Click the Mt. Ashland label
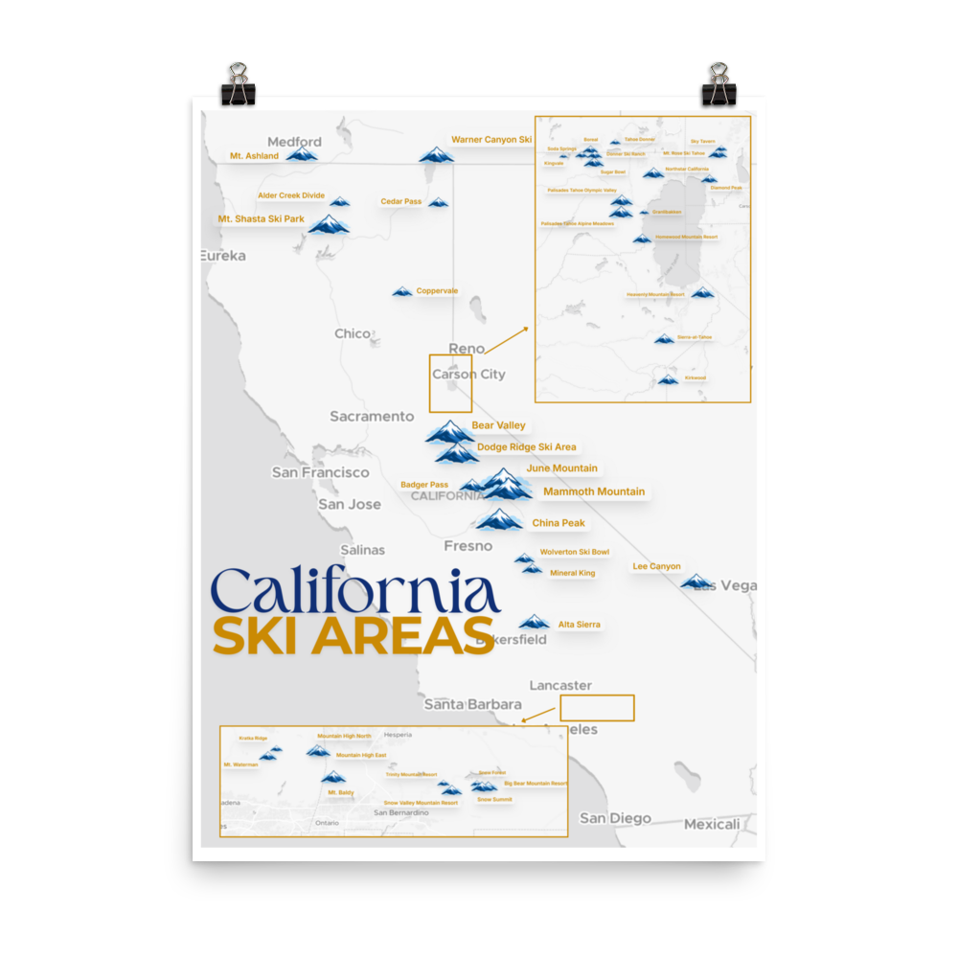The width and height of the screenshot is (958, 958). [x=254, y=155]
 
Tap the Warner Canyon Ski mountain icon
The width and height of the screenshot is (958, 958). [x=437, y=155]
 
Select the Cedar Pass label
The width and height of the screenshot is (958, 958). [x=400, y=201]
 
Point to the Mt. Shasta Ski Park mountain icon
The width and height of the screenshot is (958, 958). [x=330, y=225]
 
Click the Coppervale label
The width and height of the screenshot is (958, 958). [x=437, y=291]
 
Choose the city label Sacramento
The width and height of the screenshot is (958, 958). [x=372, y=416]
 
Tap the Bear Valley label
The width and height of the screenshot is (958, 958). [x=498, y=425]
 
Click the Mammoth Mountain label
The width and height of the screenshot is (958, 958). [x=594, y=491]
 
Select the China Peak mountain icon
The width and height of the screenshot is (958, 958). [x=499, y=520]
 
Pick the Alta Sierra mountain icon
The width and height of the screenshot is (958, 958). [x=534, y=623]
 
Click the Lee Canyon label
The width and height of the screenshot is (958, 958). [x=656, y=566]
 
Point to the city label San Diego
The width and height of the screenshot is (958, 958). [x=615, y=818]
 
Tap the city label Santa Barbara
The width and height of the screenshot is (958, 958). [x=472, y=704]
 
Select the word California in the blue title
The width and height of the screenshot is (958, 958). [x=355, y=592]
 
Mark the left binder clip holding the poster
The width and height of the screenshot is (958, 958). [x=238, y=84]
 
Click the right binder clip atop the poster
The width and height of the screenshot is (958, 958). [x=718, y=84]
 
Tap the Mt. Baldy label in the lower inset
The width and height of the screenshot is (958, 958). [x=340, y=792]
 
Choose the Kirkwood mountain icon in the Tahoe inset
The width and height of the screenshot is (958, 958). [x=668, y=380]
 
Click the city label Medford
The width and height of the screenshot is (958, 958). [x=294, y=142]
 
